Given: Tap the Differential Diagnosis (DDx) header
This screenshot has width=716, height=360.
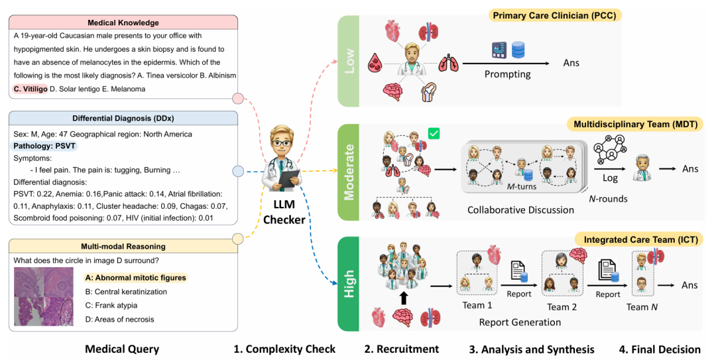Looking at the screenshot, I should pyautogui.click(x=123, y=119).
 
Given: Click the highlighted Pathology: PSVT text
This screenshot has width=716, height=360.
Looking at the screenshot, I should pyautogui.click(x=43, y=145).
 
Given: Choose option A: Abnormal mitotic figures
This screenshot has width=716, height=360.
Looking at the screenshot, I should pyautogui.click(x=135, y=278).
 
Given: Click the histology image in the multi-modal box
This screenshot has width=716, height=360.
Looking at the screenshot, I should pyautogui.click(x=46, y=300).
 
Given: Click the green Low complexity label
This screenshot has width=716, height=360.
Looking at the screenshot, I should pyautogui.click(x=347, y=61).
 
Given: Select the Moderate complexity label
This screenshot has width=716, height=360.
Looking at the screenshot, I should pyautogui.click(x=347, y=172).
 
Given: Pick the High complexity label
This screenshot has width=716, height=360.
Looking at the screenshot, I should pyautogui.click(x=347, y=284).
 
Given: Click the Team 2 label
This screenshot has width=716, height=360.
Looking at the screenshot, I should pyautogui.click(x=558, y=307).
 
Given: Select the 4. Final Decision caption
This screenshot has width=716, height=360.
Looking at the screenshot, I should pyautogui.click(x=659, y=349).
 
